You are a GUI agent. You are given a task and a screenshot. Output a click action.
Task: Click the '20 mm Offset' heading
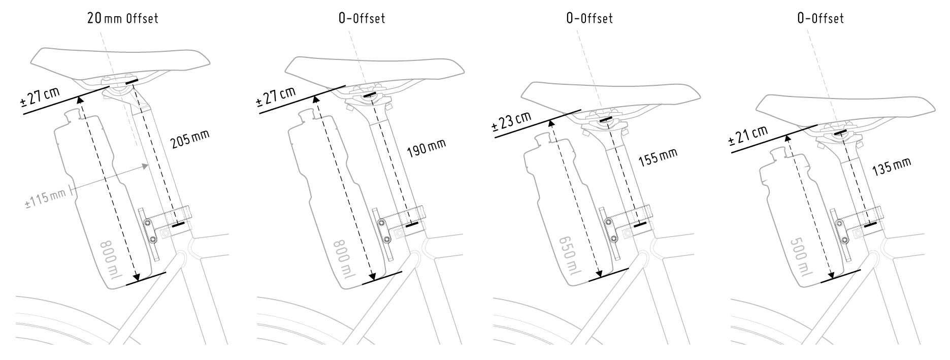coord(122,18)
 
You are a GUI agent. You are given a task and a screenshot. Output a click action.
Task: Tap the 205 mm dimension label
coord(190,139)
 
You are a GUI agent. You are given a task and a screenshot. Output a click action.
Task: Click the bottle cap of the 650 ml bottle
coord(542,138)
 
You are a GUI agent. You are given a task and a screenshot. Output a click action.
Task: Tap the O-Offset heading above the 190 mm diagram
coord(362,18)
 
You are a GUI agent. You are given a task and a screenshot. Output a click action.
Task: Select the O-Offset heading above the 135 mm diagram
coord(821,18)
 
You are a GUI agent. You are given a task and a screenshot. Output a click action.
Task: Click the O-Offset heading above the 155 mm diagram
coord(589,18)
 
